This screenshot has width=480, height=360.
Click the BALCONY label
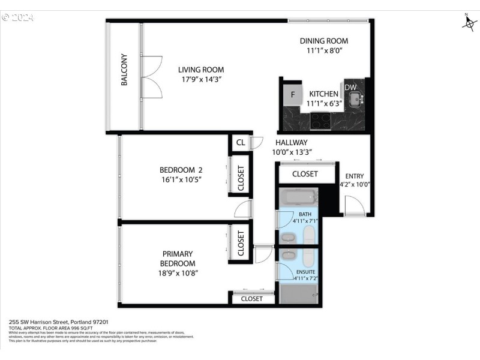pos(124,70)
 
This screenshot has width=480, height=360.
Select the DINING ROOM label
pos(324,41)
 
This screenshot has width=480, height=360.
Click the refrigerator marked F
pos(293,94)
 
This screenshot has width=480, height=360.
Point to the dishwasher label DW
pos(350,88)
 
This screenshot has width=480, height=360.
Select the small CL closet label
pos(240,143)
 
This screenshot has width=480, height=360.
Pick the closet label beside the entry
pos(305,174)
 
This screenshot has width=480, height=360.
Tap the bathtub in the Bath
pos(298,197)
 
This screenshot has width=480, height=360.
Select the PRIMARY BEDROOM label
pos(178,259)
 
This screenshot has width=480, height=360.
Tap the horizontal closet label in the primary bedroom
pos(251,298)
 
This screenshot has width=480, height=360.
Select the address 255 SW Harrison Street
pos(49,322)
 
